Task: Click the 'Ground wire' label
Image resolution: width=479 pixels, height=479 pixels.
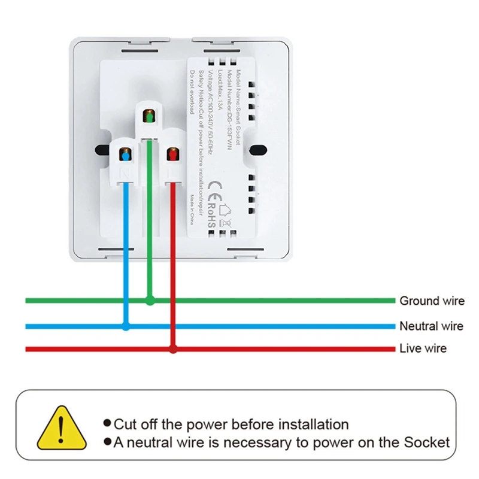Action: point(432,301)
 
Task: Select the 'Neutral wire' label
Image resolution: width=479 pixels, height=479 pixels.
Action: point(431,326)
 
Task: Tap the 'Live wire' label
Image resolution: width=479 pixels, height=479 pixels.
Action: point(423,348)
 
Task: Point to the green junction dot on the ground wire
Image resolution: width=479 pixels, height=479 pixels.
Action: point(150,301)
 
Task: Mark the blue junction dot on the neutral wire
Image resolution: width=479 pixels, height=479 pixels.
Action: point(126,326)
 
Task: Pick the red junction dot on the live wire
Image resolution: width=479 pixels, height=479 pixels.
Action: point(173,348)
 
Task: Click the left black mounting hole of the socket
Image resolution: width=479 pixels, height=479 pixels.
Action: point(98,150)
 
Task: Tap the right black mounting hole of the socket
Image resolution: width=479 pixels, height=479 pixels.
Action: point(259,150)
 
